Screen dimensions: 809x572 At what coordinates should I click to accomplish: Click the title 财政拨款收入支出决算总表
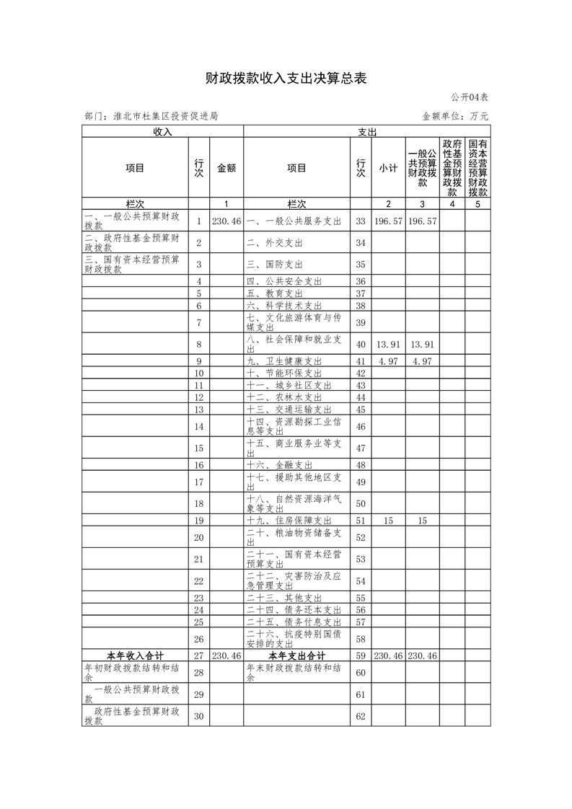pos(286,79)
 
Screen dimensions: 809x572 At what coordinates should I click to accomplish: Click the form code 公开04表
pos(470,97)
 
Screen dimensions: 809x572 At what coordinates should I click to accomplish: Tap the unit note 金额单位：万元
pos(454,115)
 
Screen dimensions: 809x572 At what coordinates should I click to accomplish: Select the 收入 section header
pos(162,132)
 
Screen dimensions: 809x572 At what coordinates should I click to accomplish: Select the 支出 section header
pos(367,132)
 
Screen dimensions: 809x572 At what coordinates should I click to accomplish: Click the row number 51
pos(361,520)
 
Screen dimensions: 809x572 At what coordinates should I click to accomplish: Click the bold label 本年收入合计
pos(135,655)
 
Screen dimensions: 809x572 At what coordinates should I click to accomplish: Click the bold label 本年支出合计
pos(296,655)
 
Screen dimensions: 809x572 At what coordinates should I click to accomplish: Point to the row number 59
pos(361,655)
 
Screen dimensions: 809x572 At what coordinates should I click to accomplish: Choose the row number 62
pos(361,717)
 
